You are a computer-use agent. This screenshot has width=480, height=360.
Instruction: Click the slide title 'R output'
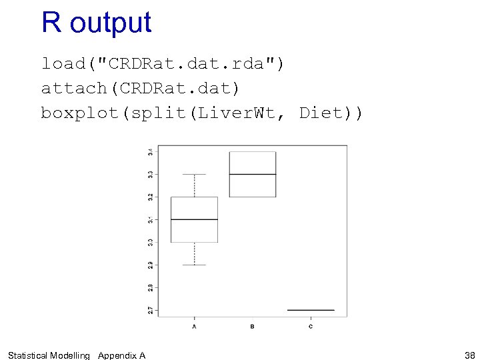coord(96,23)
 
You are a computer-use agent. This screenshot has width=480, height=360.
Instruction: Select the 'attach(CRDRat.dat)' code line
coord(140,88)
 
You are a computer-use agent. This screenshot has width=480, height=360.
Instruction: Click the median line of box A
coord(194,219)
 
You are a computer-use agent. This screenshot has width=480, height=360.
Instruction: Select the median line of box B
coord(252,174)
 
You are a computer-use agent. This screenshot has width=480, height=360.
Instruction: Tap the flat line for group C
coord(311,310)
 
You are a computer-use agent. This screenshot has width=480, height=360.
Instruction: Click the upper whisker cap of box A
coord(194,174)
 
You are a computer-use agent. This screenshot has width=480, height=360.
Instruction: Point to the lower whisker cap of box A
coord(194,265)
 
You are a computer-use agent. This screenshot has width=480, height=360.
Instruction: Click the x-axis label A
coord(194,326)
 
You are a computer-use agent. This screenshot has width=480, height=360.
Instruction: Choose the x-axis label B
coord(252,326)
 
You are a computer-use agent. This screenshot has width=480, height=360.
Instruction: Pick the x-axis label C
coord(311,326)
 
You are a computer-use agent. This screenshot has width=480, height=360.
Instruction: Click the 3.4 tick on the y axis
coord(151,151)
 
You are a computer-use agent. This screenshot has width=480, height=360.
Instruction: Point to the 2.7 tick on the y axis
coord(151,310)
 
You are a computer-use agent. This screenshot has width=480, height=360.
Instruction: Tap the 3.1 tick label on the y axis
coord(151,219)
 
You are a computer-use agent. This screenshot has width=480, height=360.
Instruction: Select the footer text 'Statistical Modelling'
coord(48,355)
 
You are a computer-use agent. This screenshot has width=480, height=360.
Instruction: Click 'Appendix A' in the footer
coord(121,355)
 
